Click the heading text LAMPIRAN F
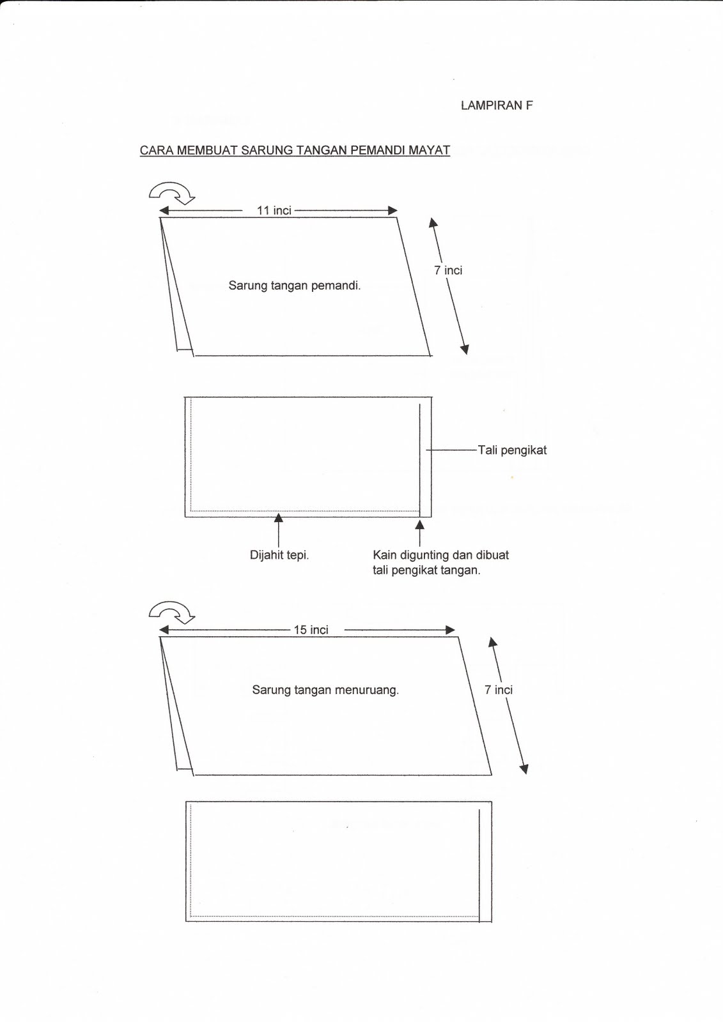[496, 106]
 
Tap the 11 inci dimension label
[274, 211]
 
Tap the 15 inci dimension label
[311, 630]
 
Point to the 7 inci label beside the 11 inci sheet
[448, 270]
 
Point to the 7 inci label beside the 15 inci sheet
[499, 690]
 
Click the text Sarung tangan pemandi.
[295, 286]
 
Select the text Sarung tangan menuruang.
[325, 690]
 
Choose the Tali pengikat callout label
[512, 450]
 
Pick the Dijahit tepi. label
[279, 555]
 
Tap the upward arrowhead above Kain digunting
[420, 524]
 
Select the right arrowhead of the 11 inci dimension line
[393, 211]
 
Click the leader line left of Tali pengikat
[451, 450]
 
